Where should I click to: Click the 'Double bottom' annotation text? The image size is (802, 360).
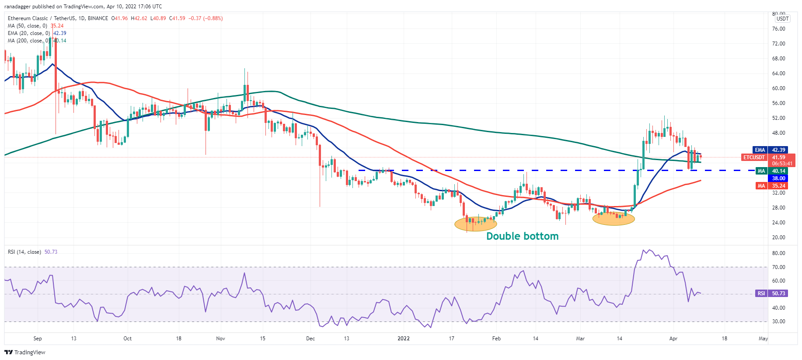tap(522, 236)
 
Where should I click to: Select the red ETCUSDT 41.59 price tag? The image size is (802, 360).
tap(768, 157)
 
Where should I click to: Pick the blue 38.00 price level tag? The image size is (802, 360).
tap(778, 178)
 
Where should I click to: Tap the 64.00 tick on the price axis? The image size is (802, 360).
tap(778, 73)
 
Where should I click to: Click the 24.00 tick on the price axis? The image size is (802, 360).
tap(778, 223)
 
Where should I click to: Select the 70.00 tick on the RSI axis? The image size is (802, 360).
tap(778, 267)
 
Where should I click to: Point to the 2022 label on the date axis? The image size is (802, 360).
tap(403, 339)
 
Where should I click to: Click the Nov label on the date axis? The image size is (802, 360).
tap(220, 339)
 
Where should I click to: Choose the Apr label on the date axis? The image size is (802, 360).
tap(673, 339)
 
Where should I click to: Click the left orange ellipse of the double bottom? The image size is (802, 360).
tap(476, 224)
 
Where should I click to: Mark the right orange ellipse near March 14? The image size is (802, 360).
tap(614, 218)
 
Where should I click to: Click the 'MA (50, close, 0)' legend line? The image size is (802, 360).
tap(27, 26)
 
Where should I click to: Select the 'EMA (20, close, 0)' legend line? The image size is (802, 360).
tap(29, 33)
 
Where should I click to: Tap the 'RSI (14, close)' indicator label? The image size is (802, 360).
tap(24, 252)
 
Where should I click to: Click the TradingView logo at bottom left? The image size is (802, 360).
tap(25, 353)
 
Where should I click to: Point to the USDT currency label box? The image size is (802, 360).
tap(782, 19)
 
